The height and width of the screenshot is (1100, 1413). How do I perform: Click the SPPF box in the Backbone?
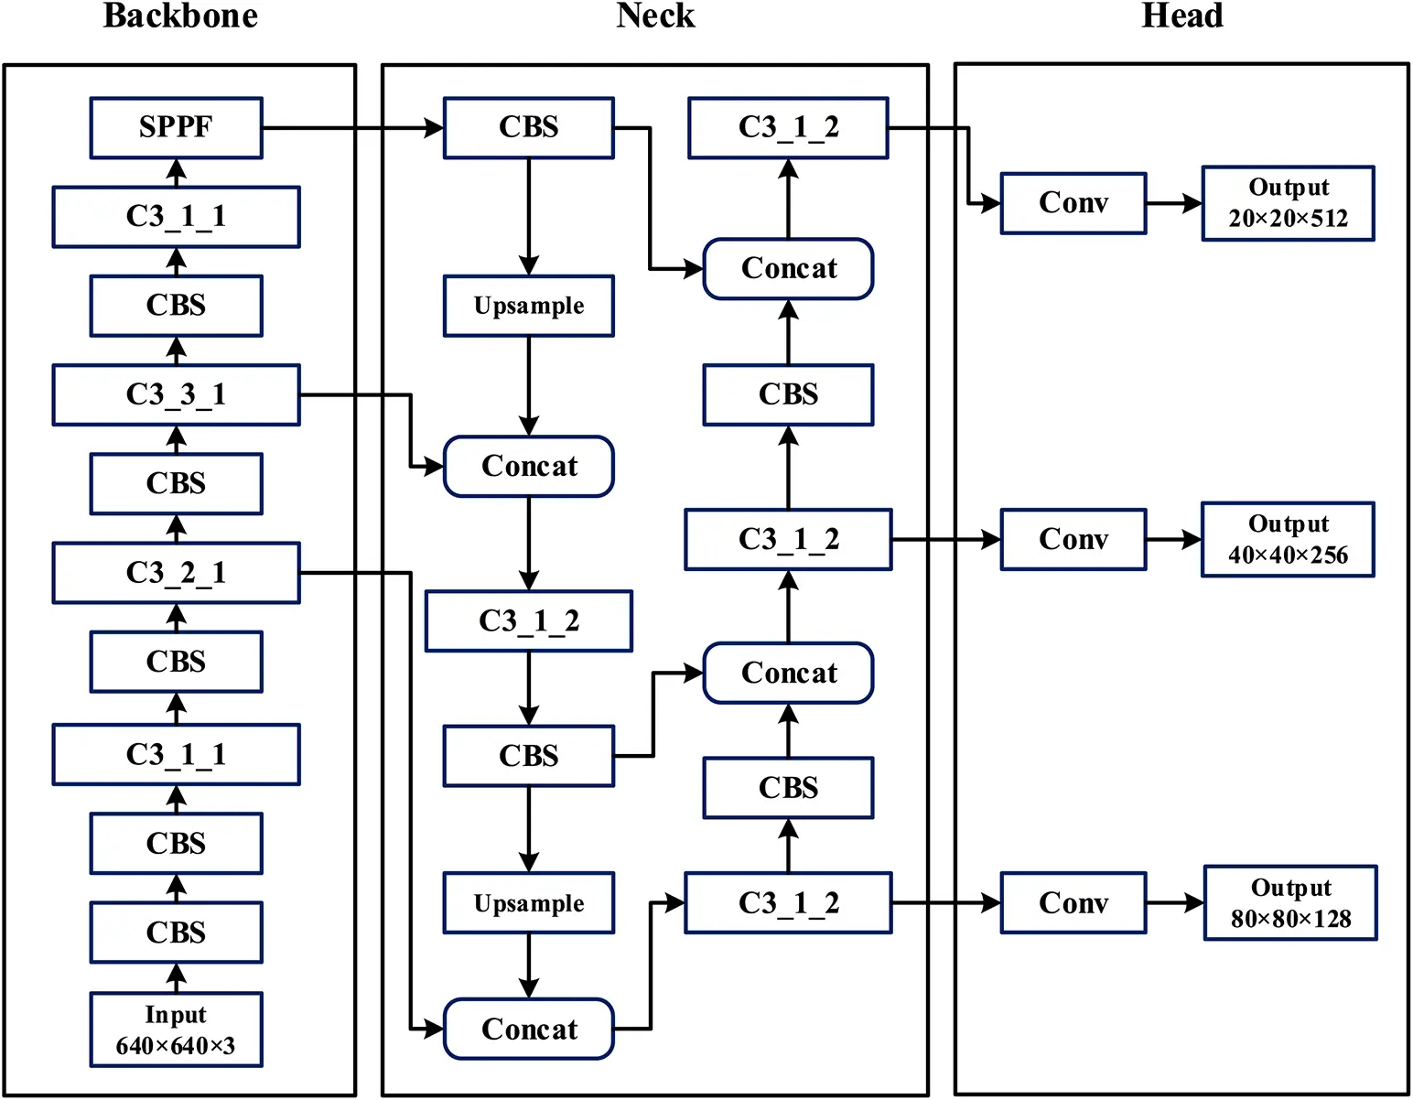pyautogui.click(x=176, y=128)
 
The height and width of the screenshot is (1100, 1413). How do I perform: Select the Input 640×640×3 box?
pyautogui.click(x=176, y=1030)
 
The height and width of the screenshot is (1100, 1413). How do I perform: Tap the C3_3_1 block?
pyautogui.click(x=176, y=395)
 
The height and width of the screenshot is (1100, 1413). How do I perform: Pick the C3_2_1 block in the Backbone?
pyautogui.click(x=176, y=573)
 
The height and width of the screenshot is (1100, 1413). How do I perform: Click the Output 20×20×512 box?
pyautogui.click(x=1288, y=203)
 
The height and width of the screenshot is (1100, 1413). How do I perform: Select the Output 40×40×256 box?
pyautogui.click(x=1288, y=539)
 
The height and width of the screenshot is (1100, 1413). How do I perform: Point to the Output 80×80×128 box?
pyautogui.click(x=1290, y=903)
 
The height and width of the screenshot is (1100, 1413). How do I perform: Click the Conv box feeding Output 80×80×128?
pyautogui.click(x=1073, y=903)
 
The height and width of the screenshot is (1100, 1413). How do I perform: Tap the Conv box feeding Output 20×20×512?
pyautogui.click(x=1073, y=203)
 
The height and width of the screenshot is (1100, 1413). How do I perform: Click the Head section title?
pyautogui.click(x=1181, y=16)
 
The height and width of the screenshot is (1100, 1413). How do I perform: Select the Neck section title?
pyautogui.click(x=655, y=16)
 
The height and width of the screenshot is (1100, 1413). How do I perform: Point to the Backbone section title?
pyautogui.click(x=180, y=16)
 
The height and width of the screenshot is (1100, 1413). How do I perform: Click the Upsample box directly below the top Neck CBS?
pyautogui.click(x=529, y=306)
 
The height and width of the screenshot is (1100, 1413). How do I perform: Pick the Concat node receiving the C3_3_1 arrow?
pyautogui.click(x=529, y=467)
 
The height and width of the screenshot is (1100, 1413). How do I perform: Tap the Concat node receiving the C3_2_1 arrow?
pyautogui.click(x=529, y=1030)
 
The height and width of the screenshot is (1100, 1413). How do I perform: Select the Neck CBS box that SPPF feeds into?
pyautogui.click(x=529, y=128)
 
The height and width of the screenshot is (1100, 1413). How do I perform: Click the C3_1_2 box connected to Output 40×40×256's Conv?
pyautogui.click(x=788, y=540)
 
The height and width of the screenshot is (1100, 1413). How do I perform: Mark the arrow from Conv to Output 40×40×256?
pyautogui.click(x=1173, y=540)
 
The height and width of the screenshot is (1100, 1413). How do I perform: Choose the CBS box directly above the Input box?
pyautogui.click(x=176, y=933)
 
